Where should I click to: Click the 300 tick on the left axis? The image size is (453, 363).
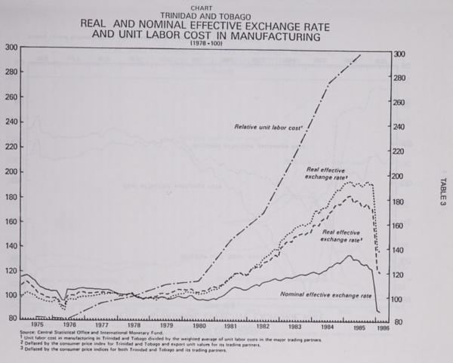[x=10, y=48]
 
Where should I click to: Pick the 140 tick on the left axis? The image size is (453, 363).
[x=10, y=245]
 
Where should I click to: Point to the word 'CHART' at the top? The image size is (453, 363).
[x=202, y=8]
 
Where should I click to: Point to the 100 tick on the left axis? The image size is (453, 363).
[x=10, y=295]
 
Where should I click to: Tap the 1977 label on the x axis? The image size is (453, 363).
[x=101, y=326]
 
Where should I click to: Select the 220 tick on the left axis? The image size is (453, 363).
[x=10, y=146]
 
